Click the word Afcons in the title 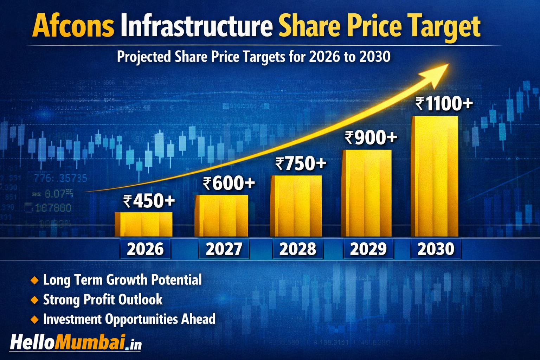[73, 27]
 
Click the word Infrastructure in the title [196, 27]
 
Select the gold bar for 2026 [143, 224]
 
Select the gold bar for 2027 [221, 216]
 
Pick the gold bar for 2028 [296, 206]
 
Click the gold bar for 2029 [366, 193]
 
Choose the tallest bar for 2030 [435, 176]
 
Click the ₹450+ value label [149, 201]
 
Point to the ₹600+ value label [229, 183]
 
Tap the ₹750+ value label [301, 164]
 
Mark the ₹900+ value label [371, 138]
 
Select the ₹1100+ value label [444, 104]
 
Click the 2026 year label [145, 249]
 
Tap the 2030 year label [436, 249]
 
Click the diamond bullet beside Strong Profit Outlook [34, 300]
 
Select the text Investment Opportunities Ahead [129, 319]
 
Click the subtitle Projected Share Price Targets [253, 57]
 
